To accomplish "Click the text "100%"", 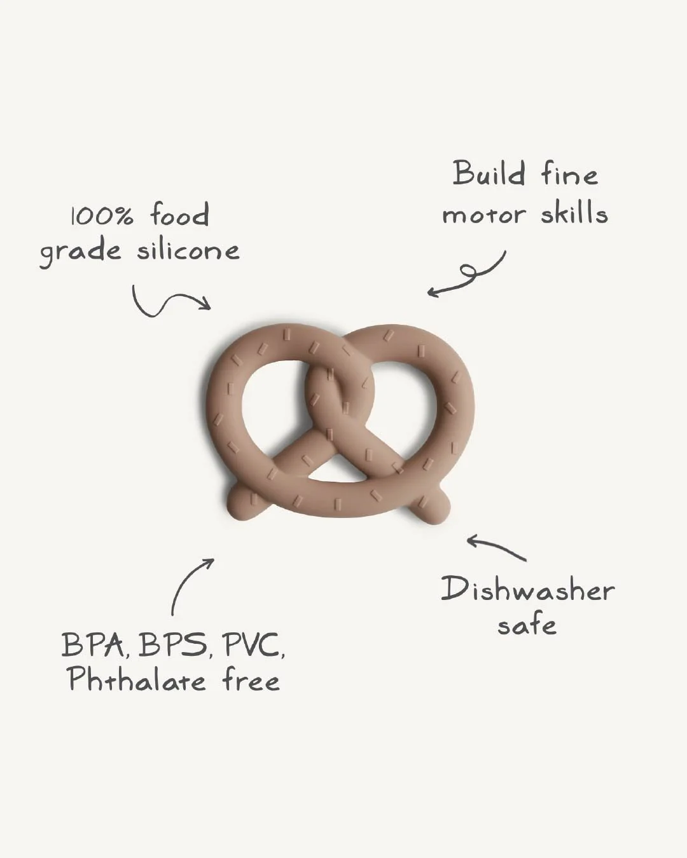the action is click(102, 216).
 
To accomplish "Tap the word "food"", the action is click(179, 215).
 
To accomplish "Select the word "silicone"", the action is click(188, 250).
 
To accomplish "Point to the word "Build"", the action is click(489, 174).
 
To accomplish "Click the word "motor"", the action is click(484, 215).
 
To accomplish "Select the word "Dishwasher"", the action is click(527, 589).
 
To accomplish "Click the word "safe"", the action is click(527, 625).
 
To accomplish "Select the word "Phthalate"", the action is click(137, 680).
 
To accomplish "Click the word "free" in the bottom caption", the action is click(251, 680).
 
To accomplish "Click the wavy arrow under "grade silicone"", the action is click(170, 302).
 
